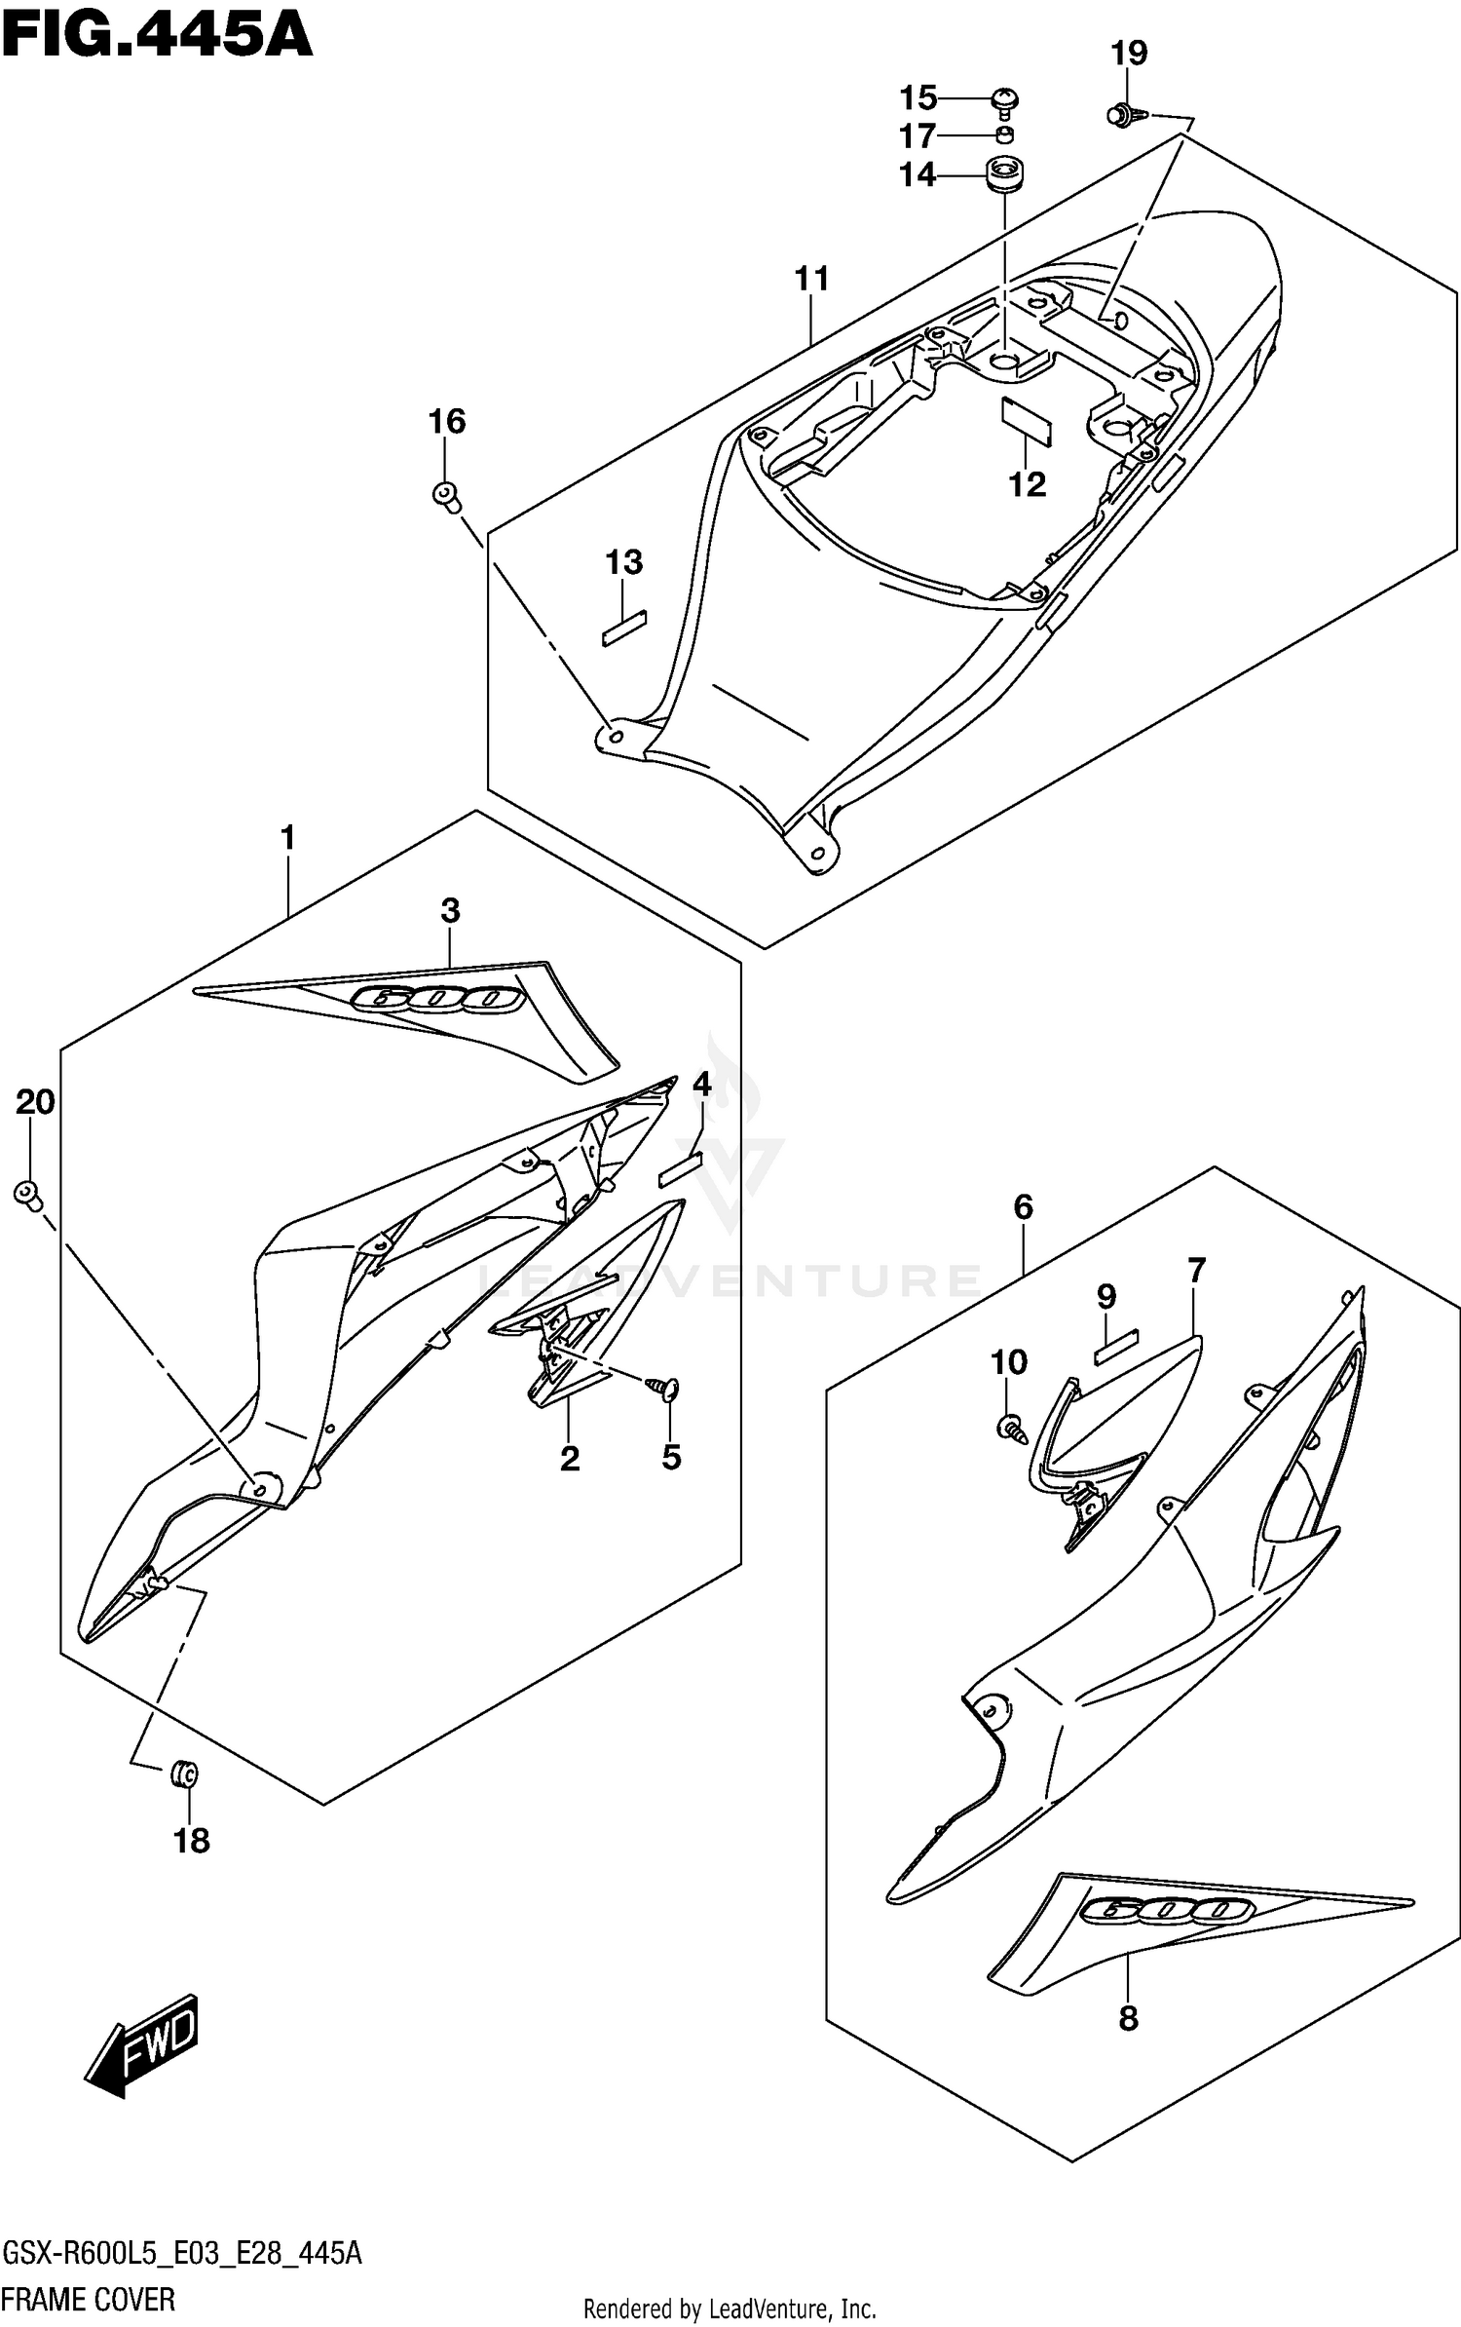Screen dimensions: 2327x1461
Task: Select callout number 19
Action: tap(1129, 54)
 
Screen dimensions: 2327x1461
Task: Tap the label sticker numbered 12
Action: tap(1027, 420)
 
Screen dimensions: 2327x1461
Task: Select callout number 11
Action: tap(811, 279)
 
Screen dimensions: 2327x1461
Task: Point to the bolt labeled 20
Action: tap(27, 1194)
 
